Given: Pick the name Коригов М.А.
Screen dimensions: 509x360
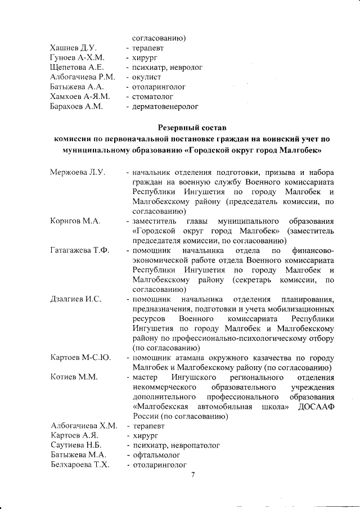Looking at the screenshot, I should click(75, 220).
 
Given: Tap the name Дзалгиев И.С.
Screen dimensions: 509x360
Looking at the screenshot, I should click(76, 299).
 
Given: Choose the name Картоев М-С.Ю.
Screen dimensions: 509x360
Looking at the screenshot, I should click(80, 358).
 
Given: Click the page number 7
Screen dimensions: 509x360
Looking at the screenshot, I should click(192, 476).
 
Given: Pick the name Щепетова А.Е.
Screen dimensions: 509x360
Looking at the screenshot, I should click(76, 67).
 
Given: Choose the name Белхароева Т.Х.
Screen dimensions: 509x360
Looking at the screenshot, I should click(79, 465).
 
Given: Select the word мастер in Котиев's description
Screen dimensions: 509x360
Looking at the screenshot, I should click(145, 377).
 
